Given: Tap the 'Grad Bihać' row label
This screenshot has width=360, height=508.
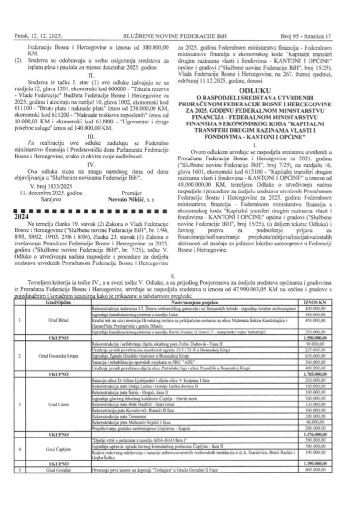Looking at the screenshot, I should [x=52, y=321].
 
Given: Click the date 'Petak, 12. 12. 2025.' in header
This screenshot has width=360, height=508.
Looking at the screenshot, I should [x=37, y=35].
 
